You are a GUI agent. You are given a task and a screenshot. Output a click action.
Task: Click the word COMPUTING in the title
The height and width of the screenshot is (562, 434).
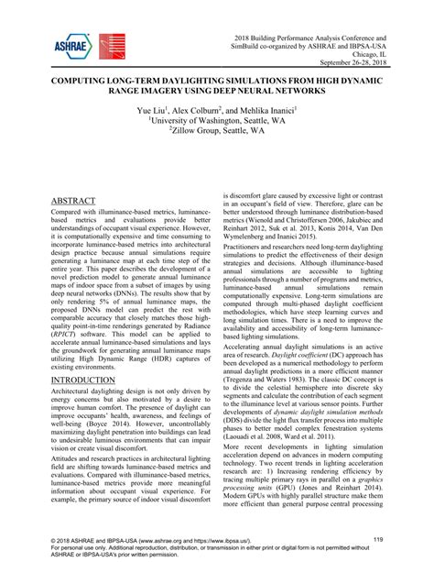[72, 79]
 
